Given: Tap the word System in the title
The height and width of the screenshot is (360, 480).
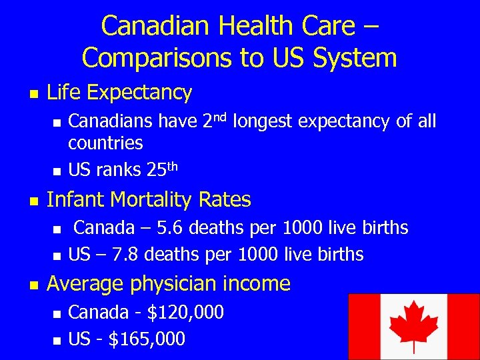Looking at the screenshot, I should coord(353,58).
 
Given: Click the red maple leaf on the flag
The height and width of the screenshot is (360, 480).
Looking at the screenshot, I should coord(413,324).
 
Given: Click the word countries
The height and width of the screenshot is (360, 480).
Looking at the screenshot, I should coord(105,143).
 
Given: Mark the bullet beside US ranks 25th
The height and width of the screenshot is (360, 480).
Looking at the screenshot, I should coord(56,171).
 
